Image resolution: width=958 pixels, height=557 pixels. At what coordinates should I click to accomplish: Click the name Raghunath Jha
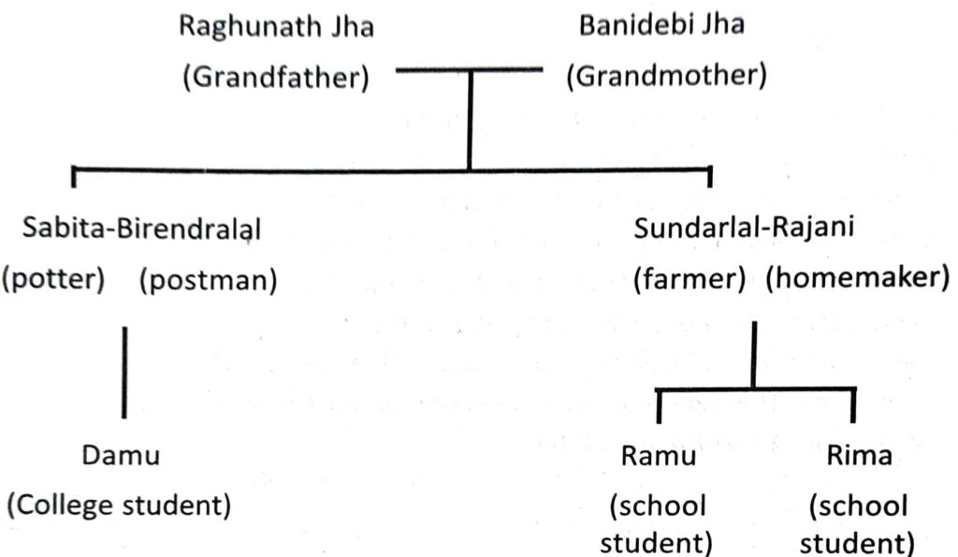point(276,27)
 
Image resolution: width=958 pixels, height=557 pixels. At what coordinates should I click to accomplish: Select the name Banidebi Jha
point(661,25)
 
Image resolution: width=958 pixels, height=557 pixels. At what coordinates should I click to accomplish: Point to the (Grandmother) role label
point(666,77)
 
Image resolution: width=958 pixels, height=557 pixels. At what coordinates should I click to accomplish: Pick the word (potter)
point(54,281)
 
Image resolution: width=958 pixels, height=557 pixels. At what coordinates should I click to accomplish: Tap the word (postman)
point(208,281)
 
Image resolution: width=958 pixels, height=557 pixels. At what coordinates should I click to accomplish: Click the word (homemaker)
point(851,281)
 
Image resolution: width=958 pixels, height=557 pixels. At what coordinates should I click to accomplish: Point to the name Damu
point(122,457)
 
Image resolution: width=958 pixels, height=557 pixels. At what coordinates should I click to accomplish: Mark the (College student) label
point(119,506)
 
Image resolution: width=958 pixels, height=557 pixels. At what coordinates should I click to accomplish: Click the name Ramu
point(660,457)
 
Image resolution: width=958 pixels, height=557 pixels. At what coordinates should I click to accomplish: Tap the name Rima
point(859,457)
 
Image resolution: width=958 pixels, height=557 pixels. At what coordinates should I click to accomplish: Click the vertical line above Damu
point(124,371)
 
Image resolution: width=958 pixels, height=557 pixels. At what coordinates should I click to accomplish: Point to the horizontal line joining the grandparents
point(470,70)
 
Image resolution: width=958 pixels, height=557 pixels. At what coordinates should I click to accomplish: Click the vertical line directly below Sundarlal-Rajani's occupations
point(753,356)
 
